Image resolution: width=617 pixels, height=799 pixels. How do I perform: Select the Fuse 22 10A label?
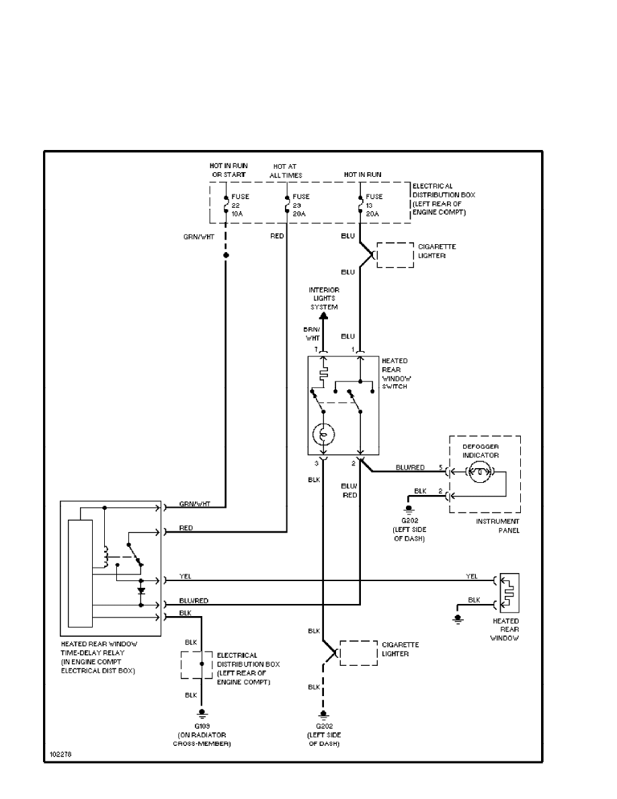[x=240, y=205]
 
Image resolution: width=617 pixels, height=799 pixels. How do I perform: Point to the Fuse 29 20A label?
[x=300, y=205]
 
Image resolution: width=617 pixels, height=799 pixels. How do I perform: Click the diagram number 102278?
[x=60, y=755]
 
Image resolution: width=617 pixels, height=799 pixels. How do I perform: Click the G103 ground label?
[x=202, y=727]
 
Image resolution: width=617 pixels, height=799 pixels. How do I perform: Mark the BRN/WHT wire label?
[x=313, y=334]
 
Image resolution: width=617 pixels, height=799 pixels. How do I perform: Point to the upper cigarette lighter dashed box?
[x=395, y=255]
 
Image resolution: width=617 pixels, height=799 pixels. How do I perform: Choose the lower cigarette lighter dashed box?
[x=358, y=653]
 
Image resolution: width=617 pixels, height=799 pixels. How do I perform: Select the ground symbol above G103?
[x=201, y=714]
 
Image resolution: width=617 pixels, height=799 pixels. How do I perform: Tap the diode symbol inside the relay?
[x=141, y=591]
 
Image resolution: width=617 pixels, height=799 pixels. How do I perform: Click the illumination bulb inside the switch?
[x=323, y=434]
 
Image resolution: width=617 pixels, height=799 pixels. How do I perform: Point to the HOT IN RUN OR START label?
[x=229, y=170]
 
